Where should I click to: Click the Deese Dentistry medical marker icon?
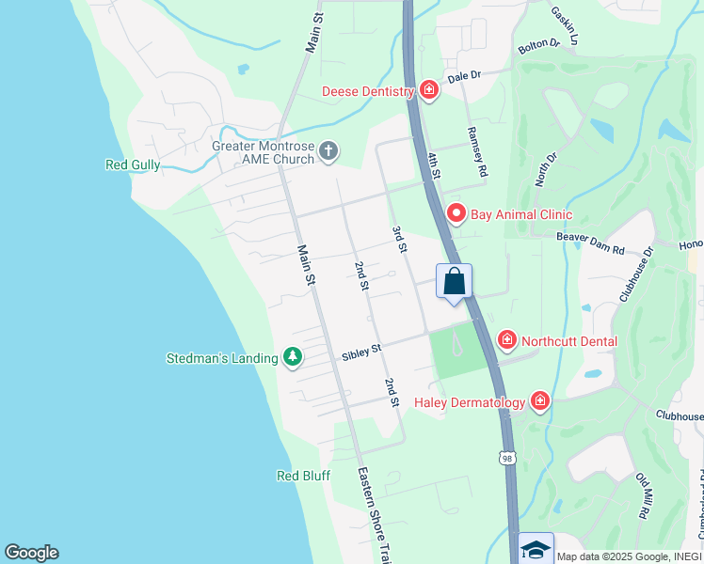pyautogui.click(x=429, y=90)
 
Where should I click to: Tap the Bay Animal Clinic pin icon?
pyautogui.click(x=456, y=214)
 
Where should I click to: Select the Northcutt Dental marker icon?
pyautogui.click(x=507, y=339)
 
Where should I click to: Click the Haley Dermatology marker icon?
pyautogui.click(x=539, y=402)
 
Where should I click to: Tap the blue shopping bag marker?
pyautogui.click(x=454, y=282)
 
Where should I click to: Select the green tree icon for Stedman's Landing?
pyautogui.click(x=294, y=357)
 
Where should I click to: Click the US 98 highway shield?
pyautogui.click(x=508, y=458)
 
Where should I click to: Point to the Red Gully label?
pyautogui.click(x=133, y=165)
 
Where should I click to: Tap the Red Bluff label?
pyautogui.click(x=303, y=476)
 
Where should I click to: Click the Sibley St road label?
pyautogui.click(x=361, y=350)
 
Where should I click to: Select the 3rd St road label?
pyautogui.click(x=400, y=240)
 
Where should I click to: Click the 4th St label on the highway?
pyautogui.click(x=434, y=166)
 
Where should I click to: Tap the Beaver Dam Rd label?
pyautogui.click(x=590, y=243)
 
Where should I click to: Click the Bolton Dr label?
pyautogui.click(x=539, y=44)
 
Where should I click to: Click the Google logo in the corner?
pyautogui.click(x=31, y=553)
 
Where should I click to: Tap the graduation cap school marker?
pyautogui.click(x=536, y=549)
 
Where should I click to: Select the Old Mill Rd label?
pyautogui.click(x=644, y=497)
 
